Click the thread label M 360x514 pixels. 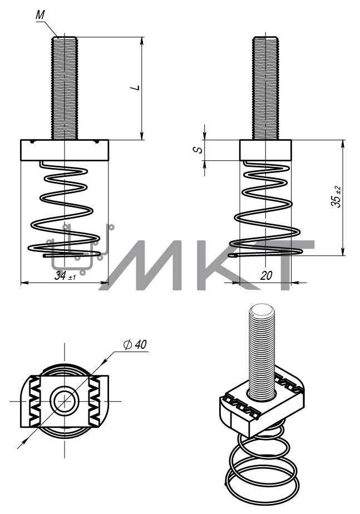(40, 15)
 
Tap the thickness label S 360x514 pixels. (198, 150)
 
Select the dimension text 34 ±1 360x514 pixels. (65, 276)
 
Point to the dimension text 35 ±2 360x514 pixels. (336, 197)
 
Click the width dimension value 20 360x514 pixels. (266, 275)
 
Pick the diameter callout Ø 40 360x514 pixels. (135, 344)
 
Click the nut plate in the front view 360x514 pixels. (65, 150)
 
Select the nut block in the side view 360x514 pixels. (265, 150)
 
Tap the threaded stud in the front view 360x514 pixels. (65, 88)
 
